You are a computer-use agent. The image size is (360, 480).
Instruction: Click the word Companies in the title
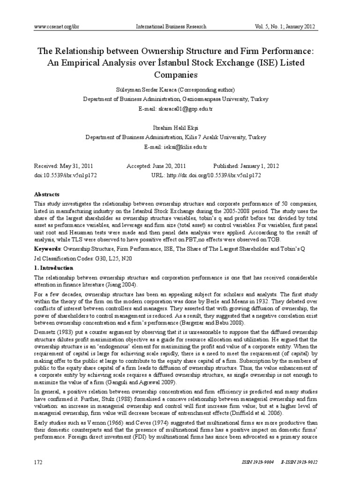click(180, 75)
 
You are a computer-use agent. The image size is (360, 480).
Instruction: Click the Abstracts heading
click(47, 194)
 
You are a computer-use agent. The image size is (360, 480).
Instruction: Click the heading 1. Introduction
click(54, 268)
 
